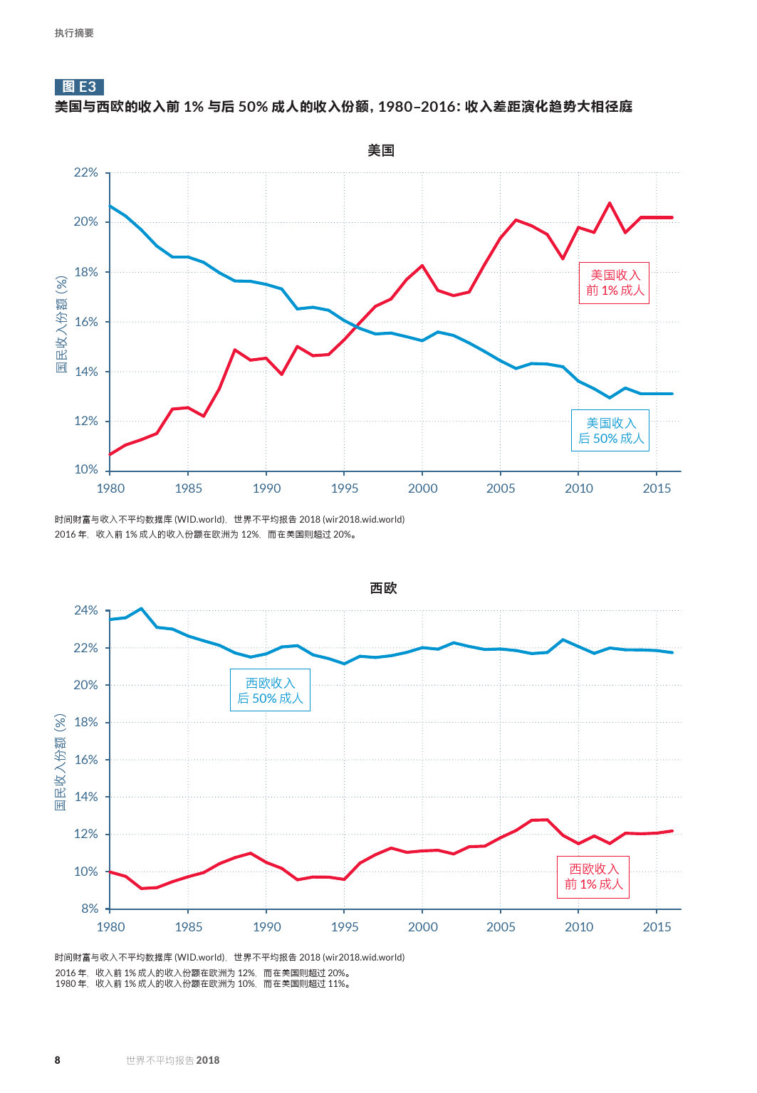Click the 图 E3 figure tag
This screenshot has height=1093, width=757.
[x=79, y=87]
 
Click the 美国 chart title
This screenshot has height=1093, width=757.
[x=381, y=150]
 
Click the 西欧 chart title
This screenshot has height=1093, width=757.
[x=383, y=588]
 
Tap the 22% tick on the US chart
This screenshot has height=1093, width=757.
[x=86, y=172]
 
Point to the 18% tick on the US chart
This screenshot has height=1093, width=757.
[x=86, y=272]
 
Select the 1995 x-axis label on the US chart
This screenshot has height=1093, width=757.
[x=345, y=488]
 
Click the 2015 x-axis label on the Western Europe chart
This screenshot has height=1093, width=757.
[x=657, y=927]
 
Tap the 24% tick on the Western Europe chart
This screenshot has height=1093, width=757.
[x=86, y=610]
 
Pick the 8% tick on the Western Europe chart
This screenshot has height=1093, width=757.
[x=90, y=909]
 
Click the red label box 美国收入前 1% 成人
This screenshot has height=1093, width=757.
[x=615, y=283]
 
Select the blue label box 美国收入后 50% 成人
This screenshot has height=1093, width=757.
[x=610, y=431]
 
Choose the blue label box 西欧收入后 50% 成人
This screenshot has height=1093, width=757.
[x=270, y=691]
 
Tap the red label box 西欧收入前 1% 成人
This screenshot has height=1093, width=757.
[x=593, y=877]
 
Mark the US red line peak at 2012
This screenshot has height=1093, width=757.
[x=610, y=204]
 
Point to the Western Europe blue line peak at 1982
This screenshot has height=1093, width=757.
[x=141, y=609]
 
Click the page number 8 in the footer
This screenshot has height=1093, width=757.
[x=58, y=1060]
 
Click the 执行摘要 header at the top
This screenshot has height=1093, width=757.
[x=74, y=33]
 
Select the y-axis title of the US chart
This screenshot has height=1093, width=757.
[x=62, y=325]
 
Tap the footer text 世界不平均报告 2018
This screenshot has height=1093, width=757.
[x=172, y=1060]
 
